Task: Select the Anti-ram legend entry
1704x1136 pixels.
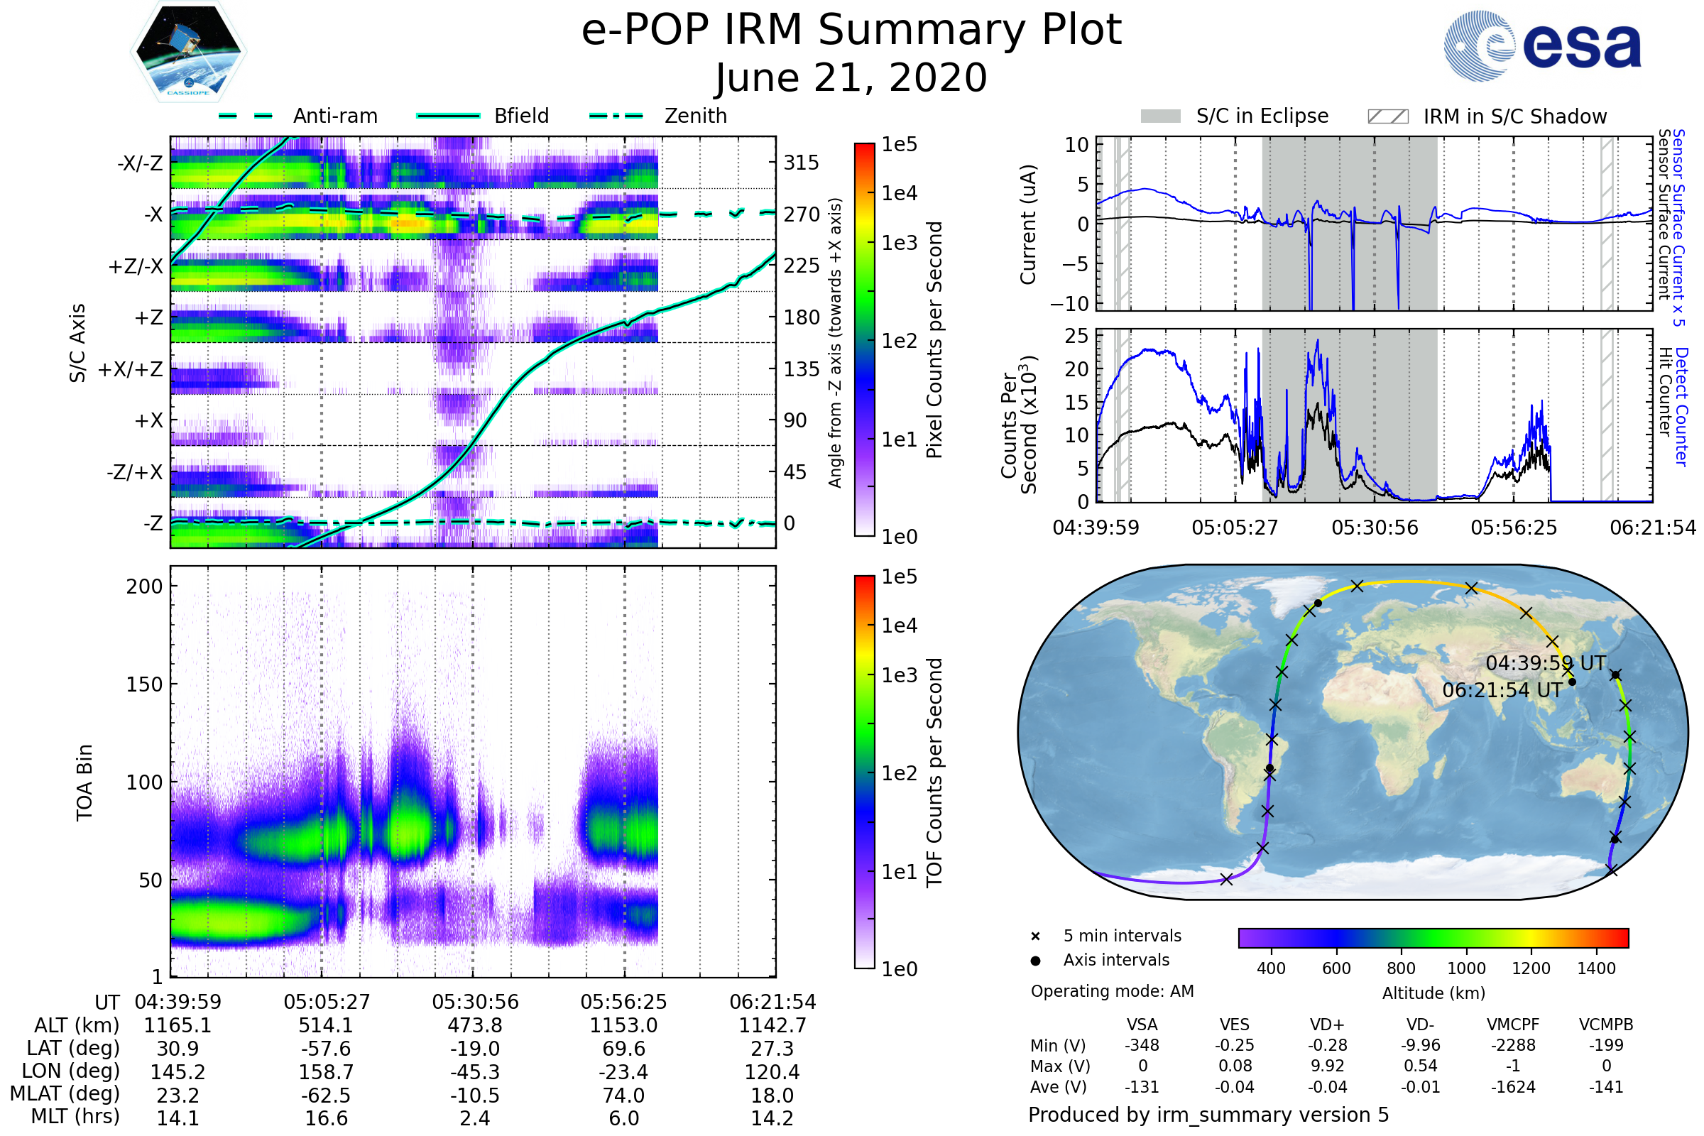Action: [334, 116]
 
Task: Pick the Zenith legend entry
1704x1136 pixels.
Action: [695, 116]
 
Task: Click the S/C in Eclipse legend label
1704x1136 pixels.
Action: [1262, 116]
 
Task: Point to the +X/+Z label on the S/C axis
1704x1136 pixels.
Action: [131, 369]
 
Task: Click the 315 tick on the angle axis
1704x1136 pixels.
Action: [801, 163]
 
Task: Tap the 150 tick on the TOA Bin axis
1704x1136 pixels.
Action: [144, 684]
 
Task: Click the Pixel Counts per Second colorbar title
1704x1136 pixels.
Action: [934, 339]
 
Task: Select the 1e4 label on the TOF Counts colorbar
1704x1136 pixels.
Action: [899, 626]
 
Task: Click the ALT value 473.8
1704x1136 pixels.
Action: [474, 1025]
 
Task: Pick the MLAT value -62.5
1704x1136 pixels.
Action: [326, 1095]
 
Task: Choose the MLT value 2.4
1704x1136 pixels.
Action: [474, 1118]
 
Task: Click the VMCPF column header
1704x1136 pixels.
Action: [1513, 1025]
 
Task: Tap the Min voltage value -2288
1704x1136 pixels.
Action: [1513, 1045]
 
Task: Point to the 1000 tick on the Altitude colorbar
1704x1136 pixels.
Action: [1465, 968]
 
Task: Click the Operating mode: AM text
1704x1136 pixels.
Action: [1112, 991]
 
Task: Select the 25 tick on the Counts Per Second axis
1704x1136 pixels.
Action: [1076, 335]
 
